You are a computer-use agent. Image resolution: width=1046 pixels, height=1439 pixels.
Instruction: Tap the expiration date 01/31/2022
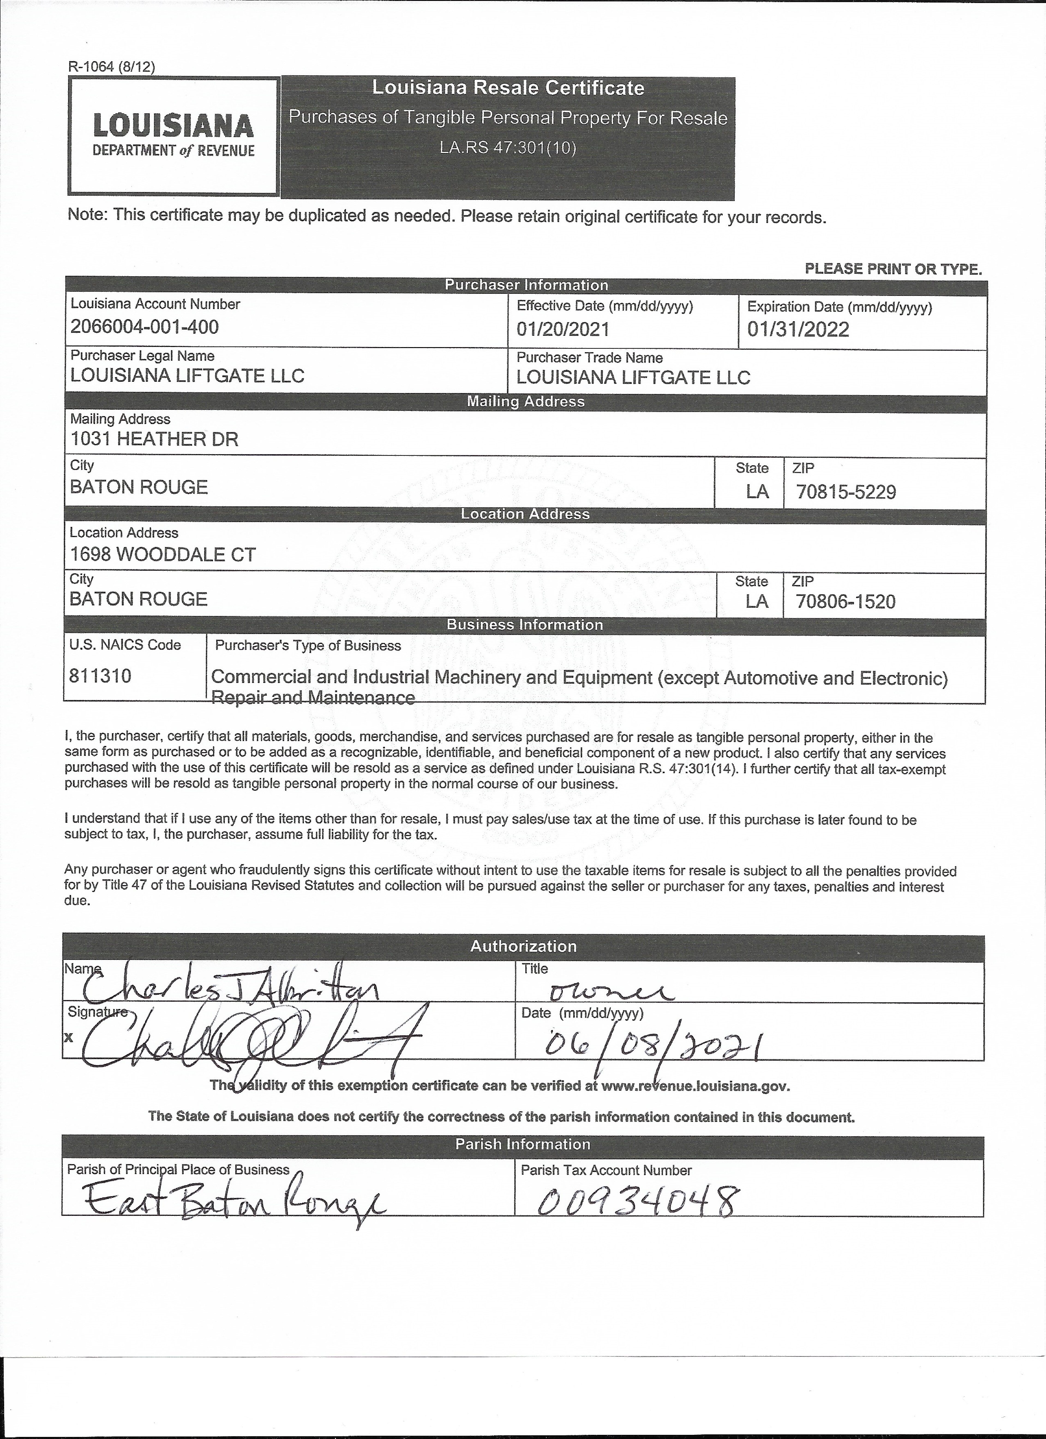point(798,329)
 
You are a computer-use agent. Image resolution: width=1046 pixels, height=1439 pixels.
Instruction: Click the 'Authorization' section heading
point(523,946)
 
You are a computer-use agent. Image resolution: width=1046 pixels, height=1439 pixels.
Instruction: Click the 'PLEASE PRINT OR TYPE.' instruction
point(893,269)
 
